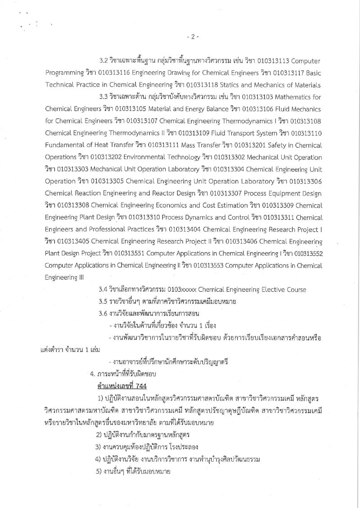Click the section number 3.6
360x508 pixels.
(x=104, y=312)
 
